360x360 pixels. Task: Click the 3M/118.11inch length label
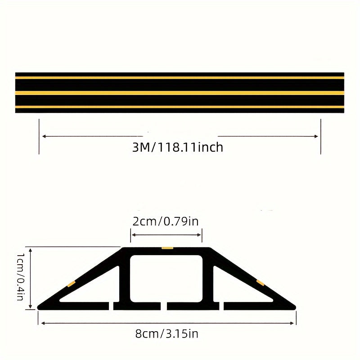click(178, 147)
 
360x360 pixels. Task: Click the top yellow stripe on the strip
click(180, 77)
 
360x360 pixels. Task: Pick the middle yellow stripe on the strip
click(180, 92)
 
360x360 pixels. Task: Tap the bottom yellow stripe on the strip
click(180, 107)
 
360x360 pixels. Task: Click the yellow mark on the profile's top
click(167, 248)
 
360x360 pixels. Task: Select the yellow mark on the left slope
click(71, 283)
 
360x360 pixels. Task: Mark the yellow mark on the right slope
click(260, 283)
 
